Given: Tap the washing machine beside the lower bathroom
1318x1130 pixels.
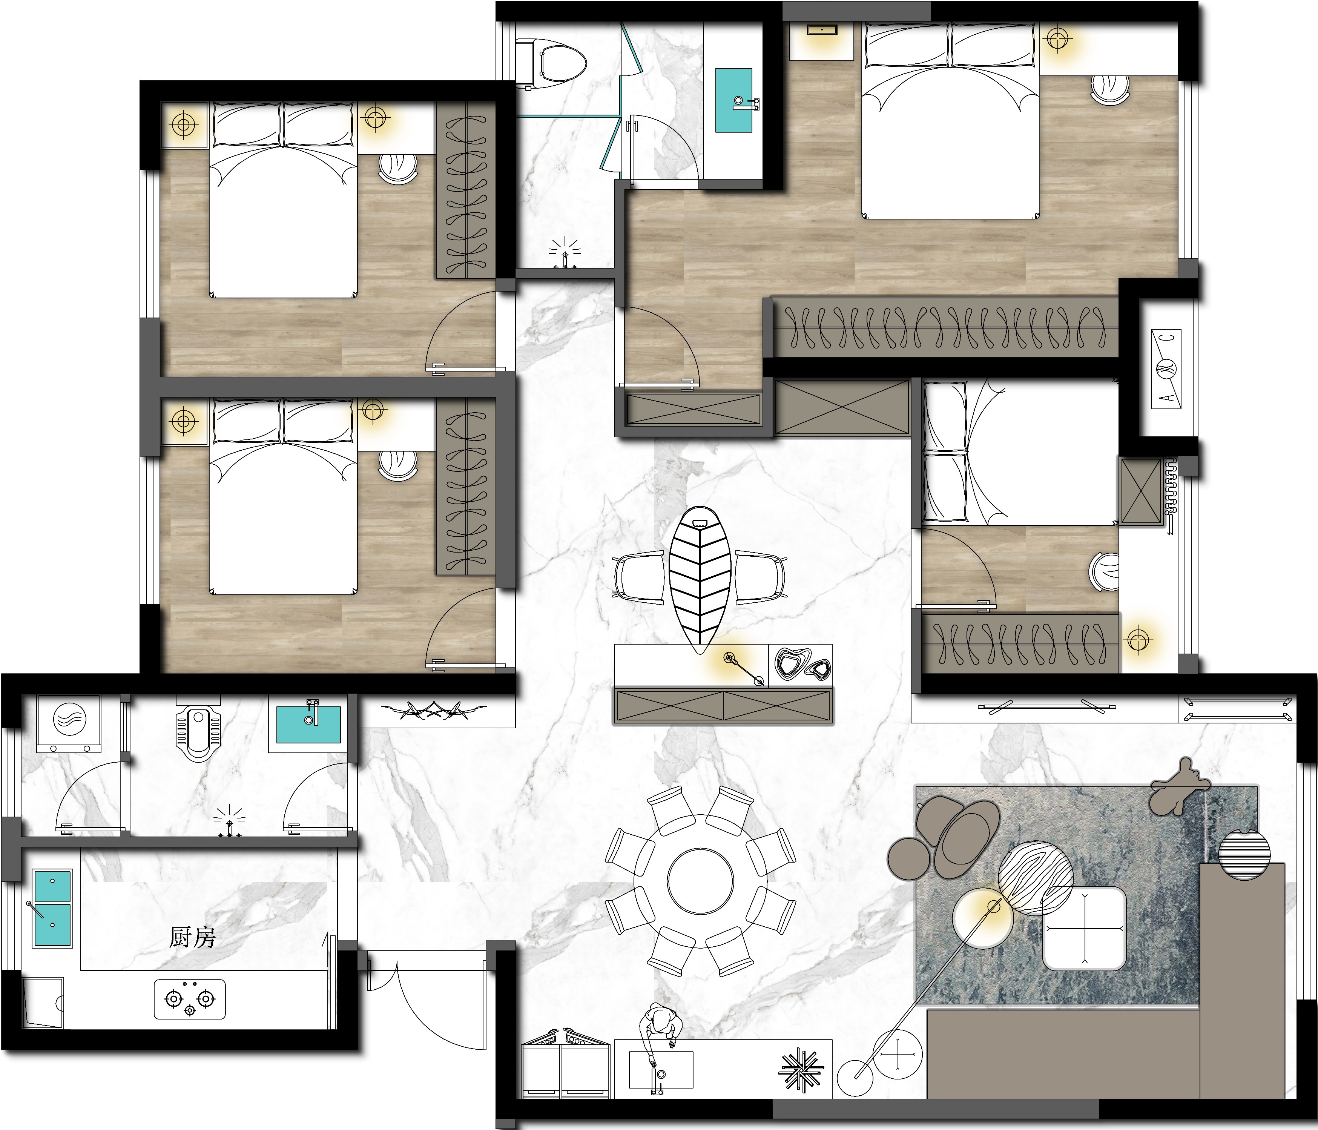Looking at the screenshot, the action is (69, 723).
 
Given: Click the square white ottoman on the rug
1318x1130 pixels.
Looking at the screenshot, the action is (1084, 928).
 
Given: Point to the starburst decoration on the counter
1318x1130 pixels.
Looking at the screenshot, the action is (801, 1070).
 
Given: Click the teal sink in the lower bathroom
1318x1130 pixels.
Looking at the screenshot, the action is (308, 724).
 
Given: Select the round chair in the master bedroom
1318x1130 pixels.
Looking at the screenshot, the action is (1110, 89).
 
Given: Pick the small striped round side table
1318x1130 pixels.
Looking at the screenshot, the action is (1244, 855).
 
